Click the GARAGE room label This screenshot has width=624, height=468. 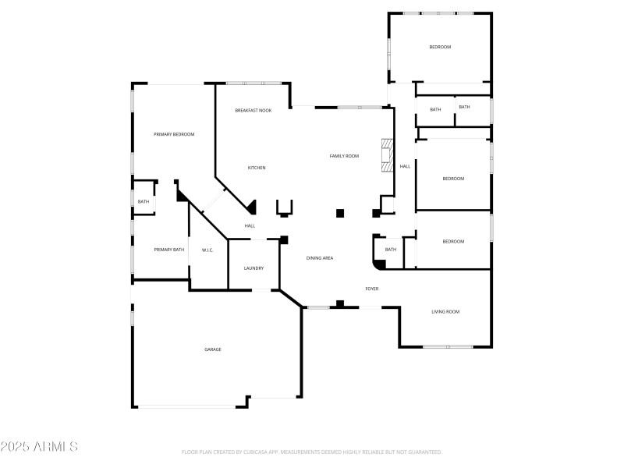click(213, 349)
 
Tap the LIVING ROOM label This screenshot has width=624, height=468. click(445, 312)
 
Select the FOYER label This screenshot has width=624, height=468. click(372, 289)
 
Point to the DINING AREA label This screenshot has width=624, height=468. click(320, 257)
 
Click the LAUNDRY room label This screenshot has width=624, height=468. click(253, 268)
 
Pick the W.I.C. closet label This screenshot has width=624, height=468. click(207, 250)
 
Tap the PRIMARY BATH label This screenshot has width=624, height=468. click(168, 250)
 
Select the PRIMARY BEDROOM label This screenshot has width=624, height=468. click(174, 134)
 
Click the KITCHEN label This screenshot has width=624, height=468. click(257, 168)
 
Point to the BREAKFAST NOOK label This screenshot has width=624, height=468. click(253, 111)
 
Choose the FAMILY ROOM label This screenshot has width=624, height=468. click(344, 156)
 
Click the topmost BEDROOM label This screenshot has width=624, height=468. click(440, 48)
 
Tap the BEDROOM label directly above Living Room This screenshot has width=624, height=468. click(453, 242)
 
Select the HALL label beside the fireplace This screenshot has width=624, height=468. click(405, 166)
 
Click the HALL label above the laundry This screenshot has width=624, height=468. click(250, 226)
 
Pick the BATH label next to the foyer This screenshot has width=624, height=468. click(391, 250)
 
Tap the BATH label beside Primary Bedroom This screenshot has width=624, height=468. click(144, 202)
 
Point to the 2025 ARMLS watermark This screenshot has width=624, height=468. click(39, 447)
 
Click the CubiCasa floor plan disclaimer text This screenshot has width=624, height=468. click(312, 452)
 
